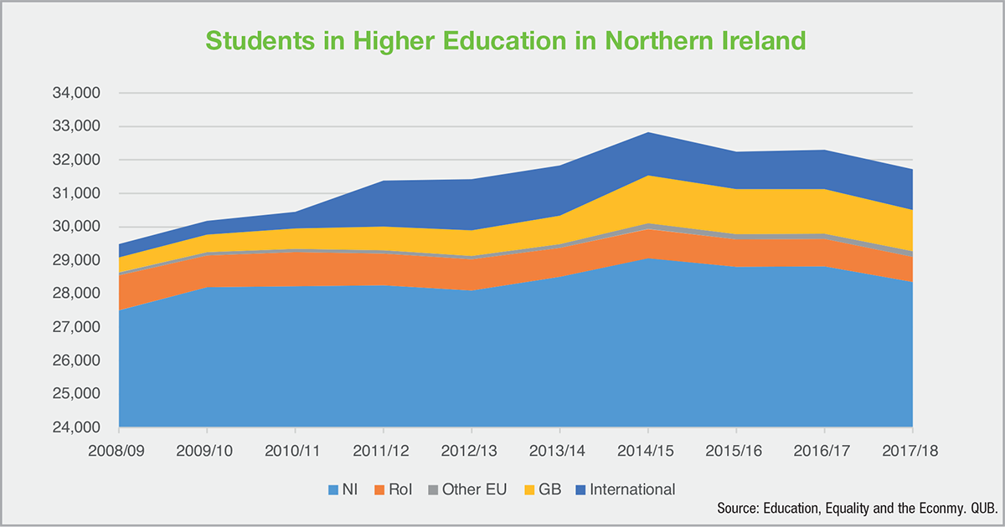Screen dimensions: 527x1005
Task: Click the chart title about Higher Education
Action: point(502,41)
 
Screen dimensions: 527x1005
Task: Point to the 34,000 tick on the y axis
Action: point(77,94)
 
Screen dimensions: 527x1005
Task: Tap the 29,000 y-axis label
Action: point(77,260)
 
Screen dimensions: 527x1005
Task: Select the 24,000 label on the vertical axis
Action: point(77,427)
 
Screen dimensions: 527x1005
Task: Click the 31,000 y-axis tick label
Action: point(77,193)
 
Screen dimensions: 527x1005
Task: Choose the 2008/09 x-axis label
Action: point(119,450)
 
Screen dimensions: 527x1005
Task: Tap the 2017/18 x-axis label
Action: point(911,450)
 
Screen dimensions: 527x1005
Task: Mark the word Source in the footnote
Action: point(738,509)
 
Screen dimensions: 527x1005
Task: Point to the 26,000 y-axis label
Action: point(77,361)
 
